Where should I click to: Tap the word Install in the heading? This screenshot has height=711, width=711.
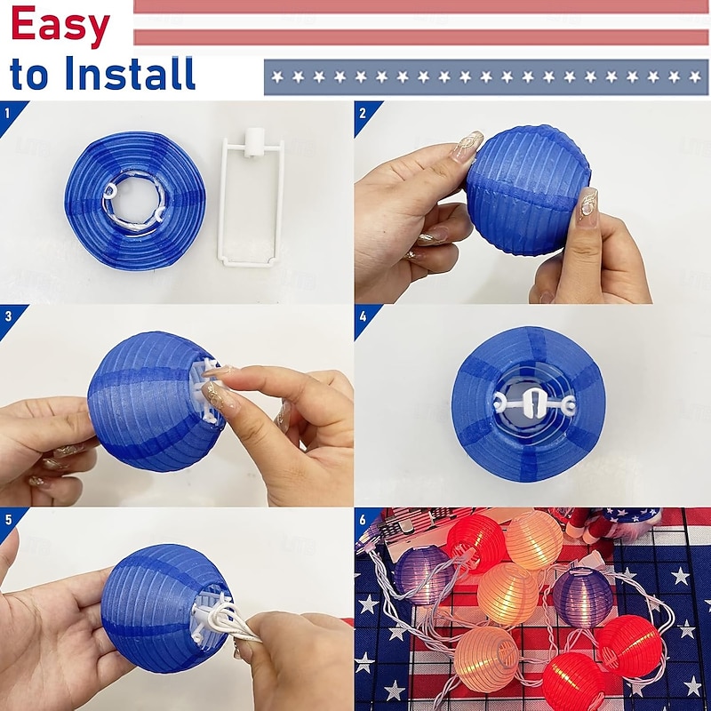[x=130, y=73]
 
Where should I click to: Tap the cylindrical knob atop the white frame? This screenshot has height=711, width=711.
[x=254, y=142]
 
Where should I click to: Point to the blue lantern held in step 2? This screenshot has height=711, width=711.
[x=528, y=190]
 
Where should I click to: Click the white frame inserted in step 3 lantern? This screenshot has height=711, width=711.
[x=206, y=390]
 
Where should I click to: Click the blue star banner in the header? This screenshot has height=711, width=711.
[x=486, y=77]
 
